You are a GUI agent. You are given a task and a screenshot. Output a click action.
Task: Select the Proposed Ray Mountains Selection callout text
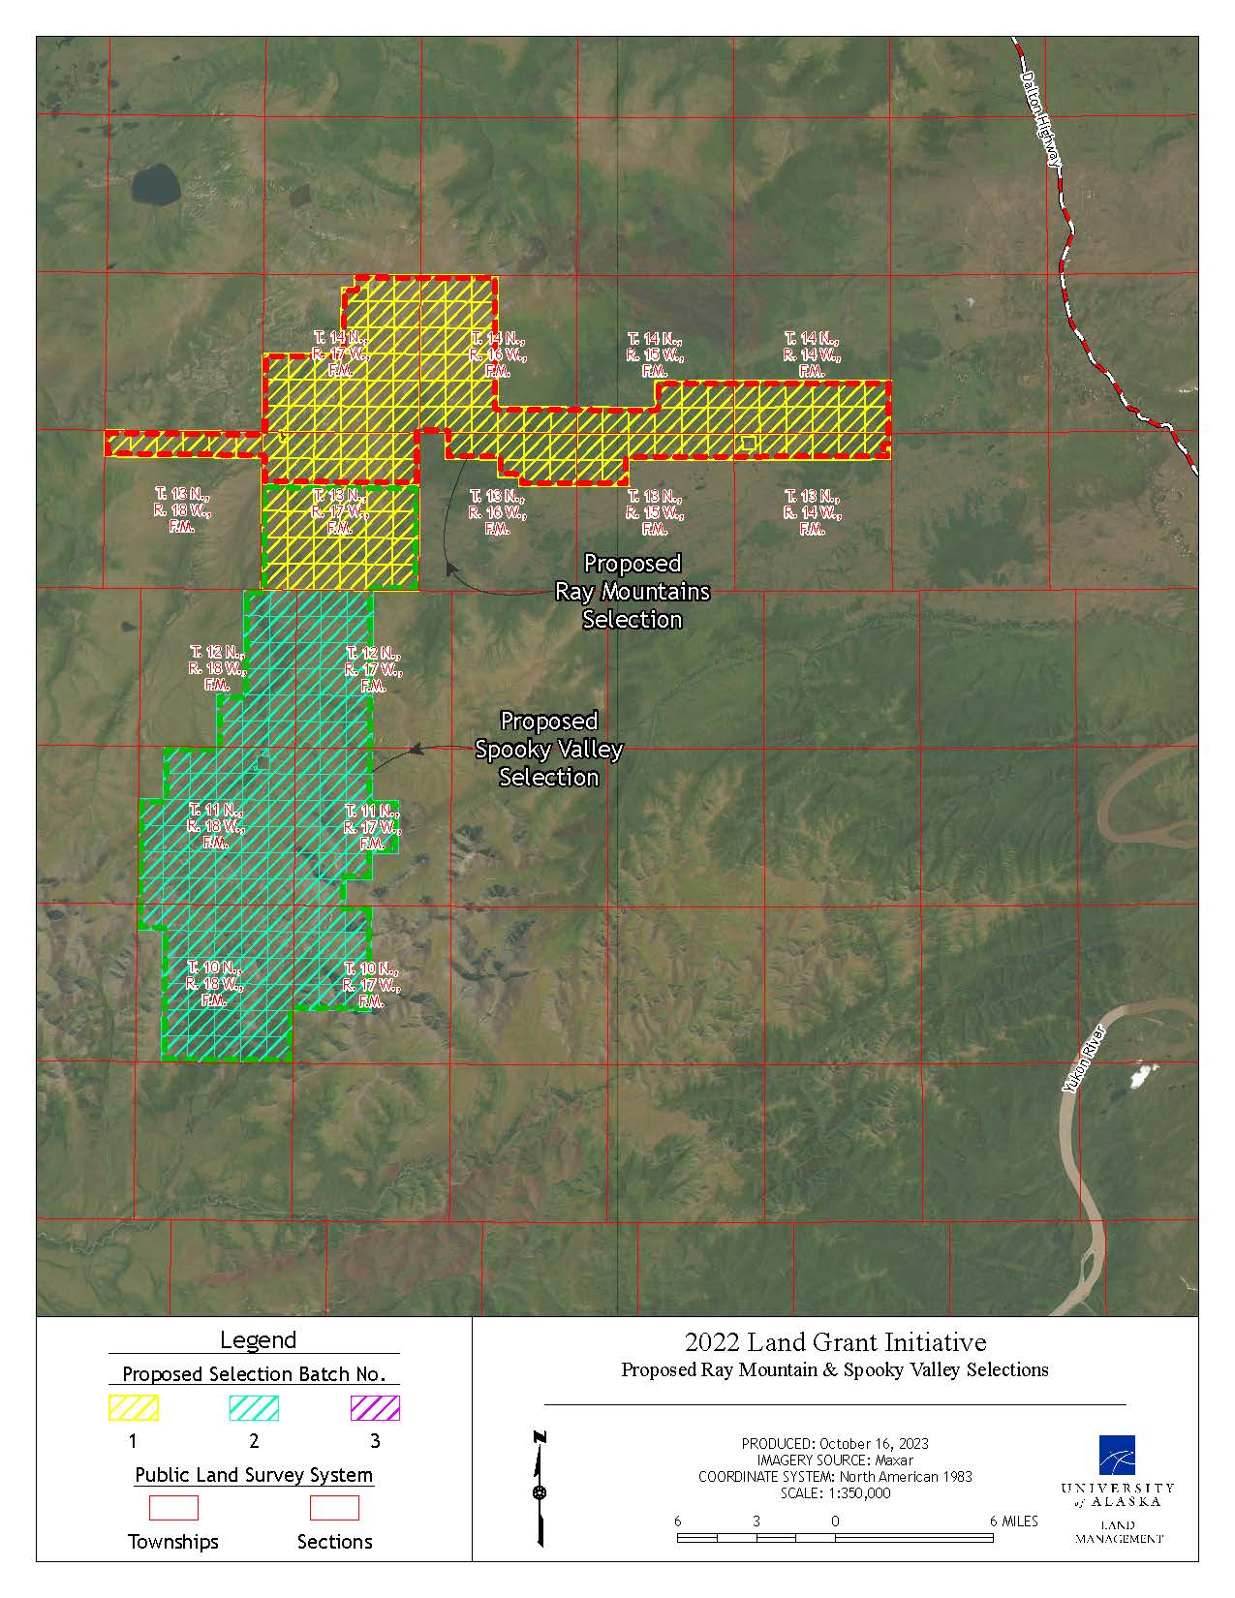633,591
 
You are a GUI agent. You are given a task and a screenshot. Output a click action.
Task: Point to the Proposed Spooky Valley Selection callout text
548,749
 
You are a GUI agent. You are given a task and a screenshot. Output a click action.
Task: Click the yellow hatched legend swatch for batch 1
134,1407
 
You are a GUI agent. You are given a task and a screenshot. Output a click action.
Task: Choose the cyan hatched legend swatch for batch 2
254,1407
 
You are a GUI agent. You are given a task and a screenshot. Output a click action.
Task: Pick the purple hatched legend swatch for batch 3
375,1407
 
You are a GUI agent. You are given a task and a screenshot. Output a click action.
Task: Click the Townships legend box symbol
173,1508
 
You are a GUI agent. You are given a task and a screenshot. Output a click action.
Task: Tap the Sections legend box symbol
334,1508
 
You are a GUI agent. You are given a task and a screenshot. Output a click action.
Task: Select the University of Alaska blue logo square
1117,1454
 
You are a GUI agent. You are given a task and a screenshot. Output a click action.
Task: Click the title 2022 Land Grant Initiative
835,1342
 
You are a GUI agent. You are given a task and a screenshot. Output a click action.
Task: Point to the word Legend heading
258,1340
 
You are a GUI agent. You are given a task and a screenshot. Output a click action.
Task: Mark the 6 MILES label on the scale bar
1013,1521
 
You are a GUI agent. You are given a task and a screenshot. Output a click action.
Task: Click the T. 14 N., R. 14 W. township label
812,354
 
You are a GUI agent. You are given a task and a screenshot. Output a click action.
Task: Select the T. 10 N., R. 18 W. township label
214,984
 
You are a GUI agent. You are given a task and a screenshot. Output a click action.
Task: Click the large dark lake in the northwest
155,182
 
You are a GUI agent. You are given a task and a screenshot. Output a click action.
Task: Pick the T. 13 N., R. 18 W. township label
181,510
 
